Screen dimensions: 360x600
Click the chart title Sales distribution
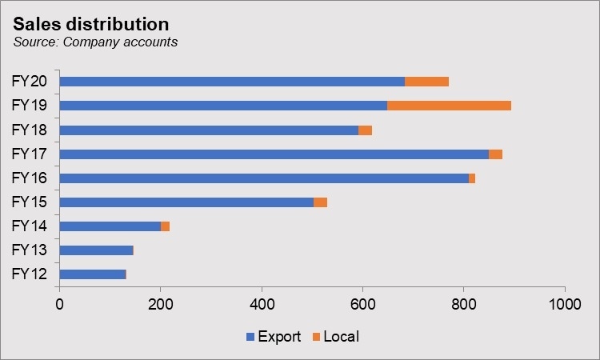coord(91,24)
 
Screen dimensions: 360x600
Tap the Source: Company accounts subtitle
coord(95,42)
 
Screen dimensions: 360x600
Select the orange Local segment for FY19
coord(449,106)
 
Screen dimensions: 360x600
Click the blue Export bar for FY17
coord(274,154)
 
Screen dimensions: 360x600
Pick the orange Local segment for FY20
coord(426,82)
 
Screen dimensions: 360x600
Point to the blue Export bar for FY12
coord(92,274)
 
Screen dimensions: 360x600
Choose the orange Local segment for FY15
coord(320,202)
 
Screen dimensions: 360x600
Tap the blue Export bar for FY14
coord(110,226)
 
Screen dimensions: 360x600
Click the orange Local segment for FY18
coord(365,130)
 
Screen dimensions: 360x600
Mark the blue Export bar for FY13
coord(96,250)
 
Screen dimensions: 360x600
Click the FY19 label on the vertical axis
coord(30,106)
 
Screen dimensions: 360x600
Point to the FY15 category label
coord(30,202)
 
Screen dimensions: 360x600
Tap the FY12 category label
coord(30,274)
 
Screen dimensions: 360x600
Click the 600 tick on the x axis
coord(362,305)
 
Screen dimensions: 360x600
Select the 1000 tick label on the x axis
coord(565,305)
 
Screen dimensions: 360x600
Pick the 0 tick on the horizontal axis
coord(59,305)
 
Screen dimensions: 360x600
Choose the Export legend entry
coord(273,337)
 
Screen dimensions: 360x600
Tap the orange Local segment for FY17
coord(495,154)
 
